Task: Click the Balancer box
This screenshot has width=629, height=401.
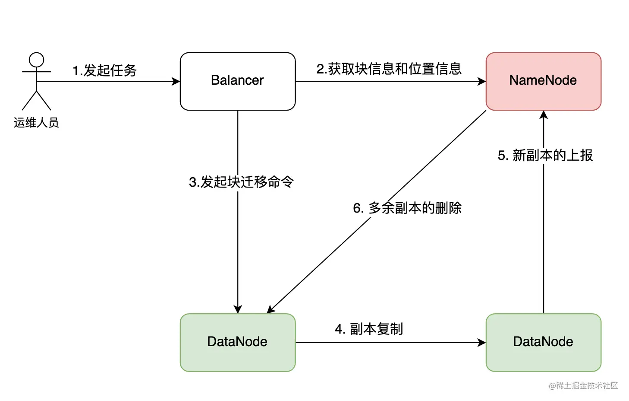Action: click(x=237, y=81)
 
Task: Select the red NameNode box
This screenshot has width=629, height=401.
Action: click(x=543, y=81)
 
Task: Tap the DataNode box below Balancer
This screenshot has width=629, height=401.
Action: click(x=237, y=342)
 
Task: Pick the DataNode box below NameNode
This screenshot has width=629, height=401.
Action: click(x=543, y=342)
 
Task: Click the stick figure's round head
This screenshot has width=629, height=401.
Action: click(x=36, y=60)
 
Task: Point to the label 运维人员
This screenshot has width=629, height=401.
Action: click(x=36, y=123)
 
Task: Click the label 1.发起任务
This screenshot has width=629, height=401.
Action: click(x=104, y=70)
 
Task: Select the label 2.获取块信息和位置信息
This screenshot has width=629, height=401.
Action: click(x=389, y=69)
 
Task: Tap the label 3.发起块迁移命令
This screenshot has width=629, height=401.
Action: click(x=241, y=182)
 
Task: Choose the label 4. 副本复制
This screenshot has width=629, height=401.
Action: click(x=369, y=329)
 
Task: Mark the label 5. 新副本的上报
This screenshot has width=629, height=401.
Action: click(x=545, y=156)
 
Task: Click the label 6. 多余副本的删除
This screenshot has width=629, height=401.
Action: click(x=407, y=208)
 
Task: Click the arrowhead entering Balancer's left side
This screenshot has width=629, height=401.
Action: click(x=176, y=81)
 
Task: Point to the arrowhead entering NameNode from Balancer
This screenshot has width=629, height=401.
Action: click(x=481, y=81)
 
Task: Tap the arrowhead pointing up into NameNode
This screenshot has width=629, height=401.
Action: click(x=544, y=115)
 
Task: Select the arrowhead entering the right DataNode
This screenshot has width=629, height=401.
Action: click(x=481, y=343)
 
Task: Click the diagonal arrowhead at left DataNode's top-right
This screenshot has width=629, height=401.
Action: click(x=271, y=309)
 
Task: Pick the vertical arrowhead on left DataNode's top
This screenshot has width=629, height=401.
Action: click(x=238, y=309)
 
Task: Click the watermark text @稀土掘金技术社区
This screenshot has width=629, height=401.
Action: click(x=583, y=385)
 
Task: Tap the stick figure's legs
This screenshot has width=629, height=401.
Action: click(x=36, y=101)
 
